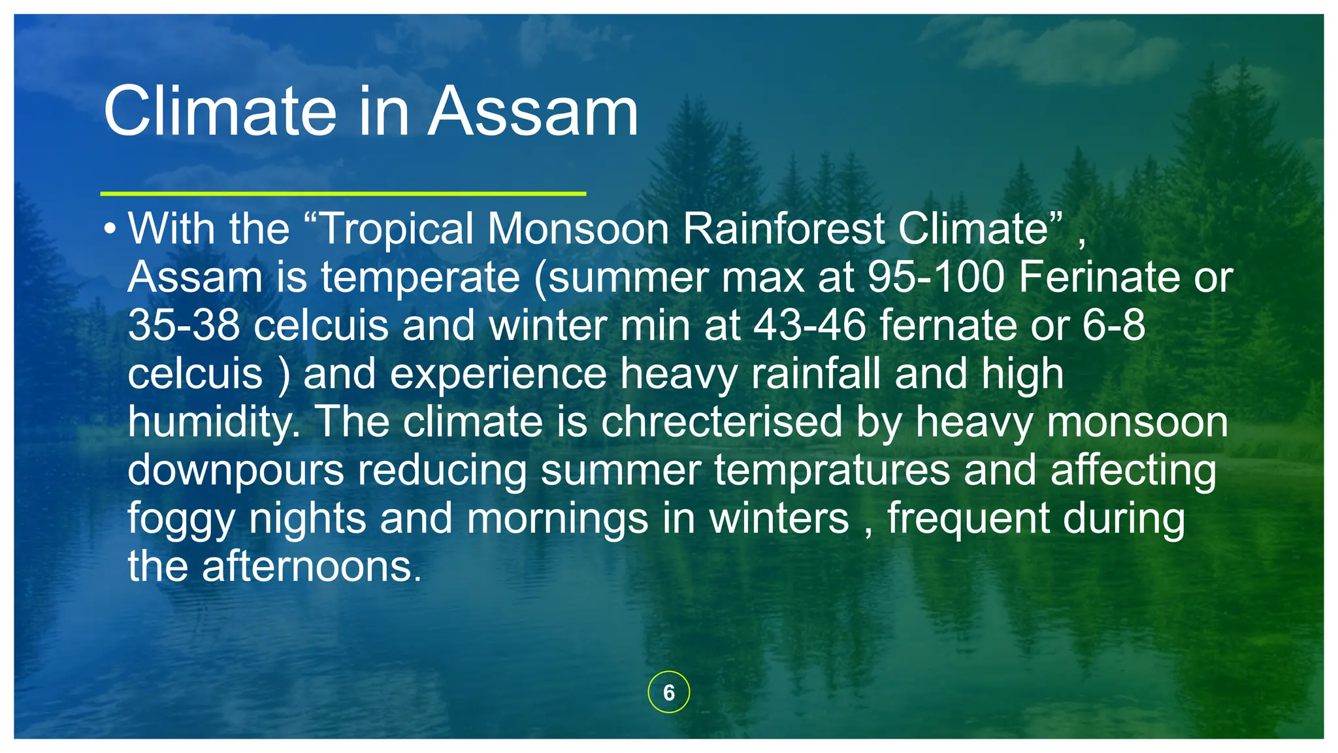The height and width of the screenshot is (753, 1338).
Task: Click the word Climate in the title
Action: click(220, 112)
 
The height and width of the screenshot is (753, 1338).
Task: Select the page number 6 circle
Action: click(668, 692)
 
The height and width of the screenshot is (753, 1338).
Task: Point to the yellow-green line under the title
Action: click(343, 193)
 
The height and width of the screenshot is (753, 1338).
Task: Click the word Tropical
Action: click(397, 229)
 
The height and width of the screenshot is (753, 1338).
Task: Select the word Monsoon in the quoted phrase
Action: click(578, 229)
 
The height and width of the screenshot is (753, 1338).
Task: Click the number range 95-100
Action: click(936, 277)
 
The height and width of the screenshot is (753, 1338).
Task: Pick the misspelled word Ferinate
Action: click(1099, 277)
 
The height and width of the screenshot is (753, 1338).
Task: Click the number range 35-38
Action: click(184, 325)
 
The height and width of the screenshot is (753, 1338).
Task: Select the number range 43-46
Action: click(810, 325)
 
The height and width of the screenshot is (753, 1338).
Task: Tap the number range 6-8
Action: click(1113, 325)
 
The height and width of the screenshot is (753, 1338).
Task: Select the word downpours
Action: click(235, 470)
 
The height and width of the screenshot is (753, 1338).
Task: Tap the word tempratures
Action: click(832, 470)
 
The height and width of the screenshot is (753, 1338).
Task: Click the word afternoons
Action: click(312, 566)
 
